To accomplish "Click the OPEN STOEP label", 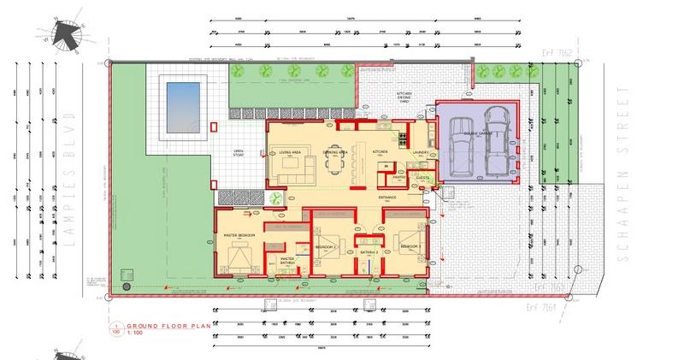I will coord(240,153).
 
